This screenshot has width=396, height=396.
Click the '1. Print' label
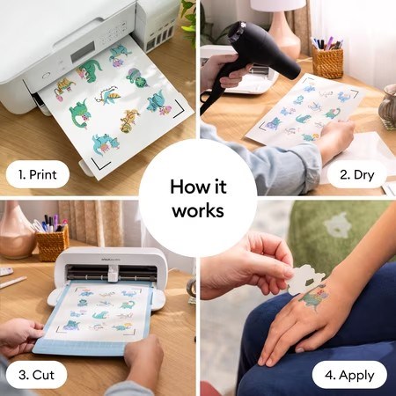[37, 174]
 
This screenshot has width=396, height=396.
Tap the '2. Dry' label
[357, 175]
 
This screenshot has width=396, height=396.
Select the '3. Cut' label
[36, 375]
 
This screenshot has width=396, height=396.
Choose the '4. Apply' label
[349, 376]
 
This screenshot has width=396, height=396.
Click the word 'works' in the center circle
[198, 210]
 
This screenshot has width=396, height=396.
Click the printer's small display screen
[83, 52]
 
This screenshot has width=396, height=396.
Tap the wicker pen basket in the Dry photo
[327, 63]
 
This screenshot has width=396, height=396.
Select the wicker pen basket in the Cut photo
[53, 243]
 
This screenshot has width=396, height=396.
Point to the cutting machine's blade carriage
[113, 274]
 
